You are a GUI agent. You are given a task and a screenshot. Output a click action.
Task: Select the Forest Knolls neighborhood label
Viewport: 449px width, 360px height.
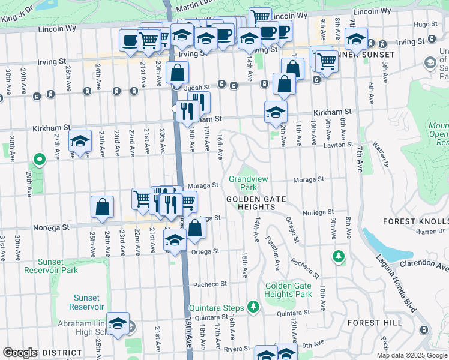coord(416,221)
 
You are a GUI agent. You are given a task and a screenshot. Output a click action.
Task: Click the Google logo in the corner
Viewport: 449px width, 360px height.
coord(20,353)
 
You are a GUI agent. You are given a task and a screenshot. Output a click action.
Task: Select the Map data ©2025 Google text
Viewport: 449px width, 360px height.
coord(412,355)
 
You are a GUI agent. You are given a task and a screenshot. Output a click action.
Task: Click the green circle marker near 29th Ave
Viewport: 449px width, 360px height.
coord(40,160)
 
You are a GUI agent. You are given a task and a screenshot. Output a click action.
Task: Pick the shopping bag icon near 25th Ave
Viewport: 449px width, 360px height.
coord(103,208)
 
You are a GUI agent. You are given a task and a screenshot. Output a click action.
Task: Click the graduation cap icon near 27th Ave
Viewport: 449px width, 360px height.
coord(80,142)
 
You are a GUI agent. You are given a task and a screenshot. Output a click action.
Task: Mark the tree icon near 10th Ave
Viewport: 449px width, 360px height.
coord(339,257)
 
